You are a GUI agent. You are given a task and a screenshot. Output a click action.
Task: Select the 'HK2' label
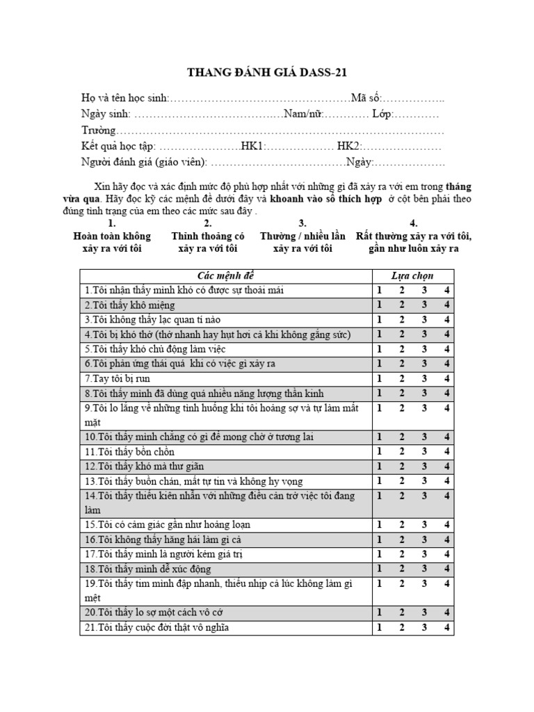(348, 147)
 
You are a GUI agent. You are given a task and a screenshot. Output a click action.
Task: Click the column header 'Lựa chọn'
(412, 276)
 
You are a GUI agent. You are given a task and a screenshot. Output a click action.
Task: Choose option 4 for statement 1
(447, 291)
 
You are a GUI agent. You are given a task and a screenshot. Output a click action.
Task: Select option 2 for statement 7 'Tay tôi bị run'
(402, 378)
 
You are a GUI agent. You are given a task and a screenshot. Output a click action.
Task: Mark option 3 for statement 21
(423, 628)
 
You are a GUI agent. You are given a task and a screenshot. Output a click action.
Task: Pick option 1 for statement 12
(380, 467)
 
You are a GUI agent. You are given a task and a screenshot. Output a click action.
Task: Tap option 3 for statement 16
(423, 540)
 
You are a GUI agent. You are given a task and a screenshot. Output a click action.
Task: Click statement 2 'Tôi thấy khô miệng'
(130, 305)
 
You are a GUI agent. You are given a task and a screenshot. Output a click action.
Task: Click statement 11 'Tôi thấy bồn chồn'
(130, 452)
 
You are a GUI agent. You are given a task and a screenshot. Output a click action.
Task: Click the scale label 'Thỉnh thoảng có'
(208, 236)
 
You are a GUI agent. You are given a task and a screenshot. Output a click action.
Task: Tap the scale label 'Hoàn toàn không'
(112, 236)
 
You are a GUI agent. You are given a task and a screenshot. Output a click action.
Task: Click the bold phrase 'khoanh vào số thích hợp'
(325, 198)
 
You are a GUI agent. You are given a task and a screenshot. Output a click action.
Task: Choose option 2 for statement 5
(402, 349)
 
